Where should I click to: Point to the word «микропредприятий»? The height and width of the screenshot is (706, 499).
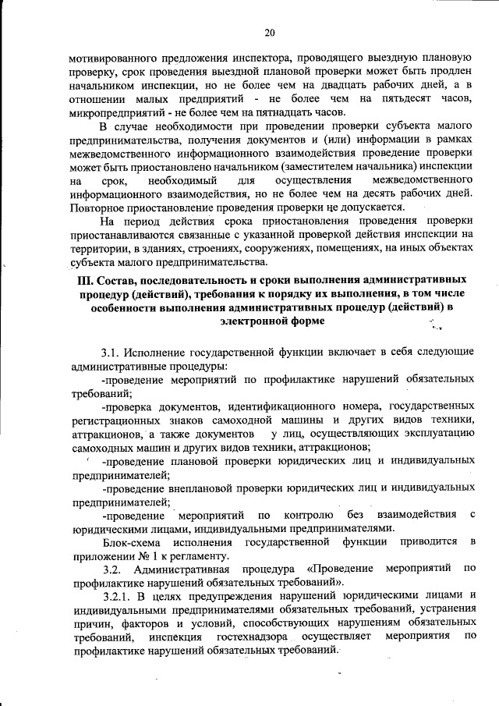pyautogui.click(x=115, y=112)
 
